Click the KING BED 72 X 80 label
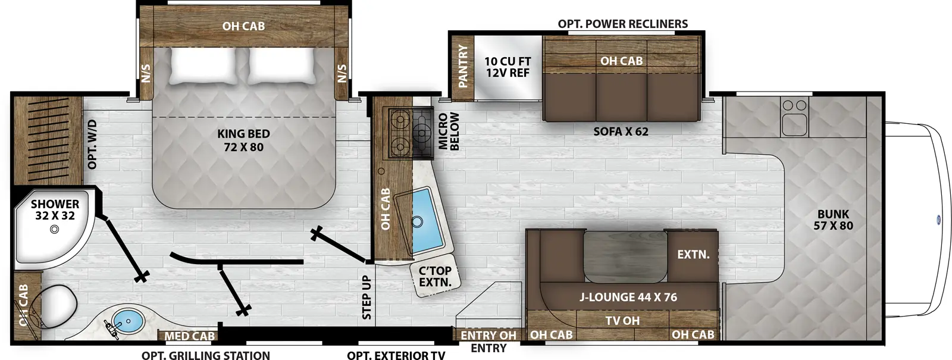click(243, 140)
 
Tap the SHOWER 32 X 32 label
click(55, 209)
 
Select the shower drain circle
click(55, 229)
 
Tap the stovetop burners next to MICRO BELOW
click(411, 133)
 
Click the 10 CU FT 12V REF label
click(507, 67)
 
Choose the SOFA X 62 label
click(621, 132)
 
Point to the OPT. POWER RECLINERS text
click(622, 24)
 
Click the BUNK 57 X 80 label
click(833, 220)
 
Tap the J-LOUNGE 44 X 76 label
click(628, 297)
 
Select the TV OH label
click(622, 321)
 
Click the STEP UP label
click(367, 297)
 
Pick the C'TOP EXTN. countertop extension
click(435, 277)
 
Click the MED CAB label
click(189, 336)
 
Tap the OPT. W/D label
click(92, 144)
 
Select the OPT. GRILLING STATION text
click(205, 355)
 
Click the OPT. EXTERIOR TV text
click(396, 355)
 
